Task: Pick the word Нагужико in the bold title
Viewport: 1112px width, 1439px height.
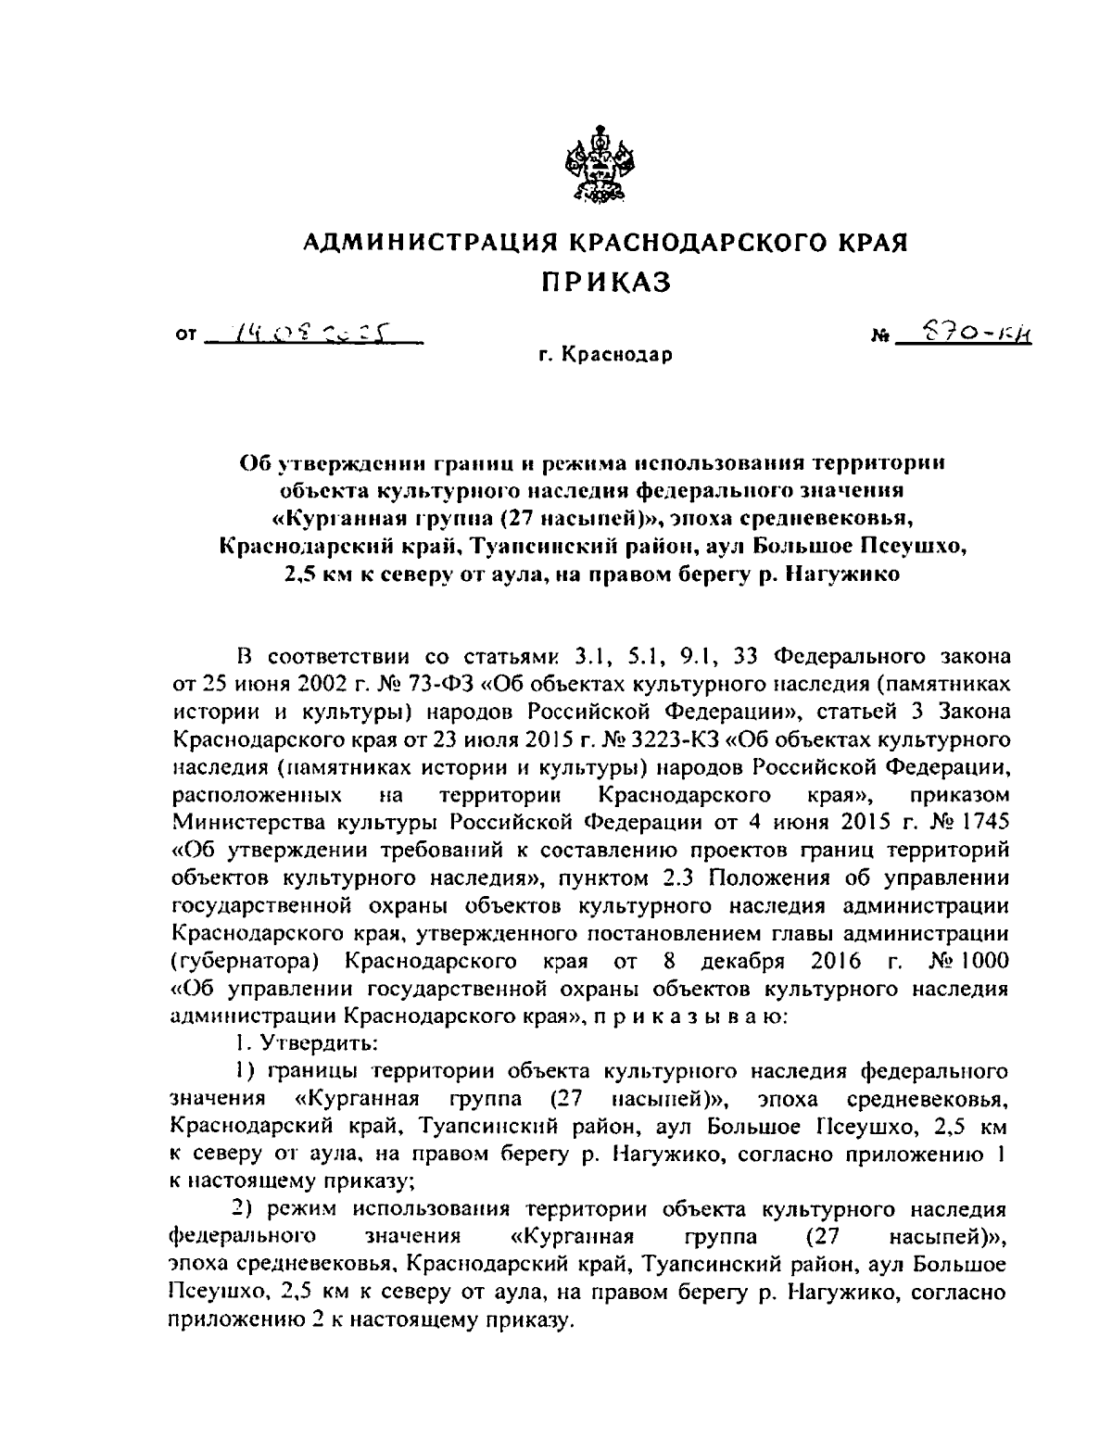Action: pyautogui.click(x=842, y=574)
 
